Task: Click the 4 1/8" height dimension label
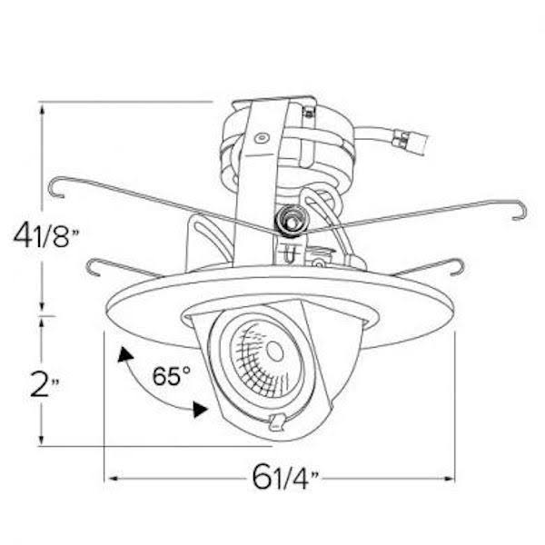point(45,238)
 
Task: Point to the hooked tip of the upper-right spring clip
point(519,212)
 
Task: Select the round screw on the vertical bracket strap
point(262,139)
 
